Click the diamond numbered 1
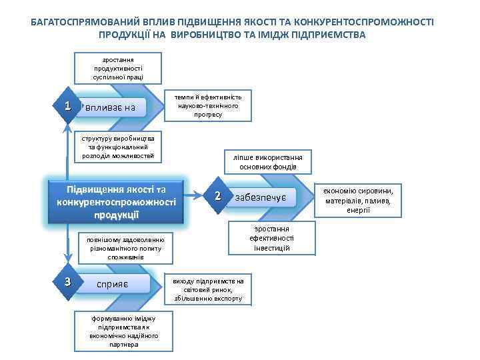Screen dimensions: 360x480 coord(67,106)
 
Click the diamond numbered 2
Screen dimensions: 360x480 coord(218,196)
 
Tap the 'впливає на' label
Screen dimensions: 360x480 coord(111,107)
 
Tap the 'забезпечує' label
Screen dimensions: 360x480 coord(261,197)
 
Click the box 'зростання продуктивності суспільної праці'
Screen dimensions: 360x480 coord(118,69)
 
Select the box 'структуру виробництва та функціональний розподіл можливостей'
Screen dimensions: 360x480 coord(118,147)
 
